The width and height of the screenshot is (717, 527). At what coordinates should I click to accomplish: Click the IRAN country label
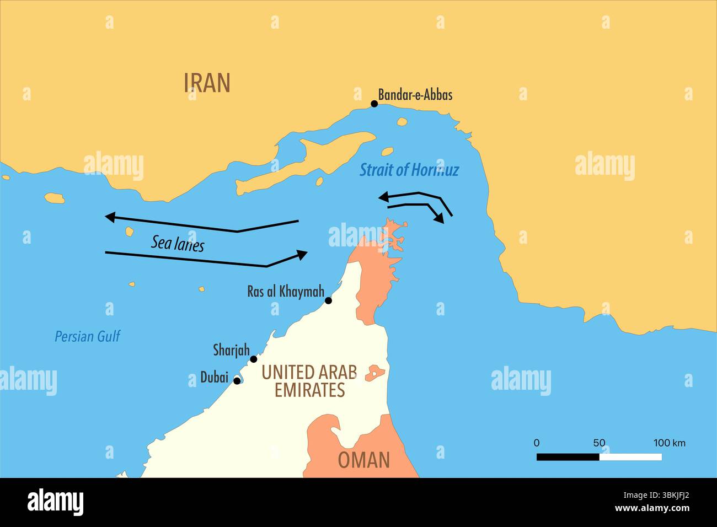(207, 83)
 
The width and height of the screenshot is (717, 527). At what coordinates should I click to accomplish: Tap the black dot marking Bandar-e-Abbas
(374, 104)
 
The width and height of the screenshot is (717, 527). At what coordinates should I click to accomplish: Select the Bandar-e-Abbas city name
(415, 95)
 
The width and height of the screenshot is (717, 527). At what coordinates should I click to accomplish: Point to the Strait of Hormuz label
(409, 170)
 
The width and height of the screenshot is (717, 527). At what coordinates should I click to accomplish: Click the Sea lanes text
(178, 243)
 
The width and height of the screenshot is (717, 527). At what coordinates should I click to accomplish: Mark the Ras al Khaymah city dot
(328, 300)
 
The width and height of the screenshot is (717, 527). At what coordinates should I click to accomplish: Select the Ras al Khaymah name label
(285, 292)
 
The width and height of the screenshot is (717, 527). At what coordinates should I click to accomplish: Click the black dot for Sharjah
(254, 359)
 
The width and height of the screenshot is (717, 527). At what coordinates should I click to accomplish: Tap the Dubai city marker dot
(237, 380)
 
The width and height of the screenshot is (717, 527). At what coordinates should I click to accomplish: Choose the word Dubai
(214, 378)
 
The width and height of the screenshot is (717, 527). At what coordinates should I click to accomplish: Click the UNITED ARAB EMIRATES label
(309, 381)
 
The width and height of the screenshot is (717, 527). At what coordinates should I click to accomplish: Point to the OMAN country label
(363, 460)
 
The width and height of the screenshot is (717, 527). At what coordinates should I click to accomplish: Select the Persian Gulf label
(87, 336)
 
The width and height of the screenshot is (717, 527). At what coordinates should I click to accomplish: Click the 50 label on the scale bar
(599, 443)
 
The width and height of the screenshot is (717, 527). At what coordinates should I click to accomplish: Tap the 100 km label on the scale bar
(669, 443)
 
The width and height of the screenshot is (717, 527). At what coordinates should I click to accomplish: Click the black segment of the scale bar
(568, 457)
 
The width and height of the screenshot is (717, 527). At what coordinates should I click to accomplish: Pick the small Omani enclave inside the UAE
(375, 373)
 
